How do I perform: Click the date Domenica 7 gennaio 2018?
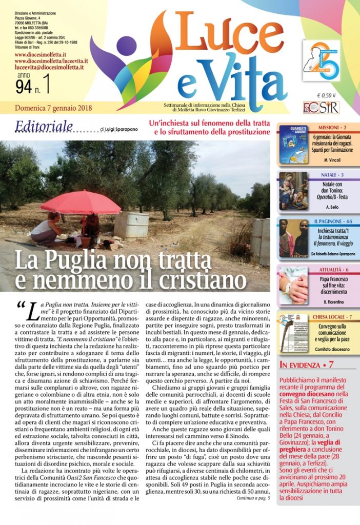[50, 108]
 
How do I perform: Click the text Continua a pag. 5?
[253, 498]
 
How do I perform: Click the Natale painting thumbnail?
[293, 191]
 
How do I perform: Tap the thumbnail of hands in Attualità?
[293, 285]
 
